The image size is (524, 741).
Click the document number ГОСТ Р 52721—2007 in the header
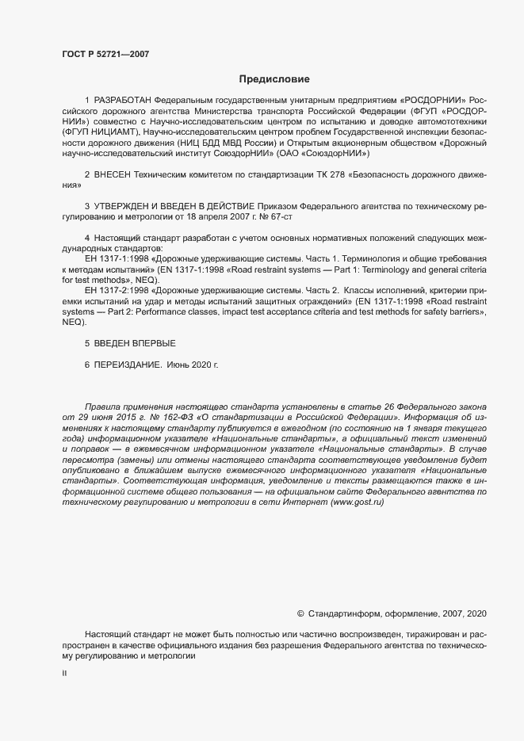tap(105, 54)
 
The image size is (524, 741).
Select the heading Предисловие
tap(274, 79)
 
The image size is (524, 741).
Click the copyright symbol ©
tap(300, 614)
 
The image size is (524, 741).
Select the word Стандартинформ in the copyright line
tap(344, 614)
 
